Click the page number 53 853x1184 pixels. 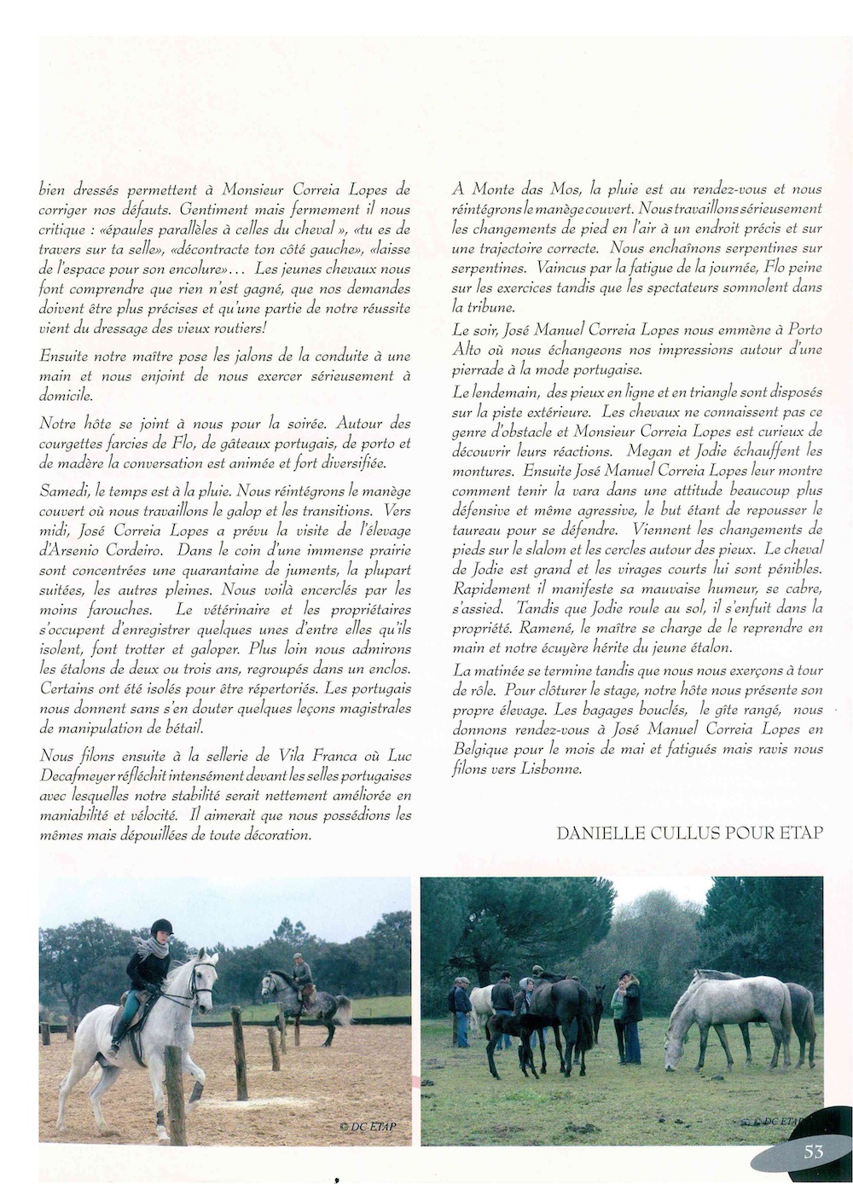click(813, 1151)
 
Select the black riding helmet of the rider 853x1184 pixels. click(161, 927)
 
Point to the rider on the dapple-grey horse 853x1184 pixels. click(301, 975)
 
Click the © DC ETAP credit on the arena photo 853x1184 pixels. click(368, 1126)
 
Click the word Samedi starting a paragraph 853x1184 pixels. click(62, 491)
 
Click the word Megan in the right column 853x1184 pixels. click(647, 450)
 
